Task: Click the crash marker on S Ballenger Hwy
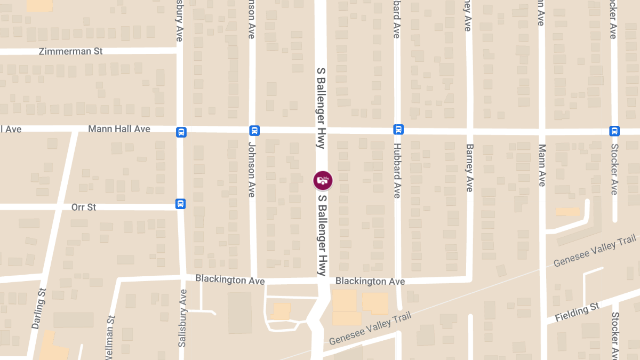point(323,180)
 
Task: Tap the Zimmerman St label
point(71,52)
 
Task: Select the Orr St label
point(84,207)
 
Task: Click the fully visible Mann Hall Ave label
point(119,129)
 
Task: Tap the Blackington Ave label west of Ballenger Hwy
point(230,279)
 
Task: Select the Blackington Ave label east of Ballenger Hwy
point(370,281)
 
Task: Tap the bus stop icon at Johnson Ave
point(254,131)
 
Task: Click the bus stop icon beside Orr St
point(181,204)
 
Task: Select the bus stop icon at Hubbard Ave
point(398,130)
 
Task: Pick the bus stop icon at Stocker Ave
point(614,131)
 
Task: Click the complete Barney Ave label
point(469,168)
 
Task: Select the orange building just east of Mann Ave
point(567,212)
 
